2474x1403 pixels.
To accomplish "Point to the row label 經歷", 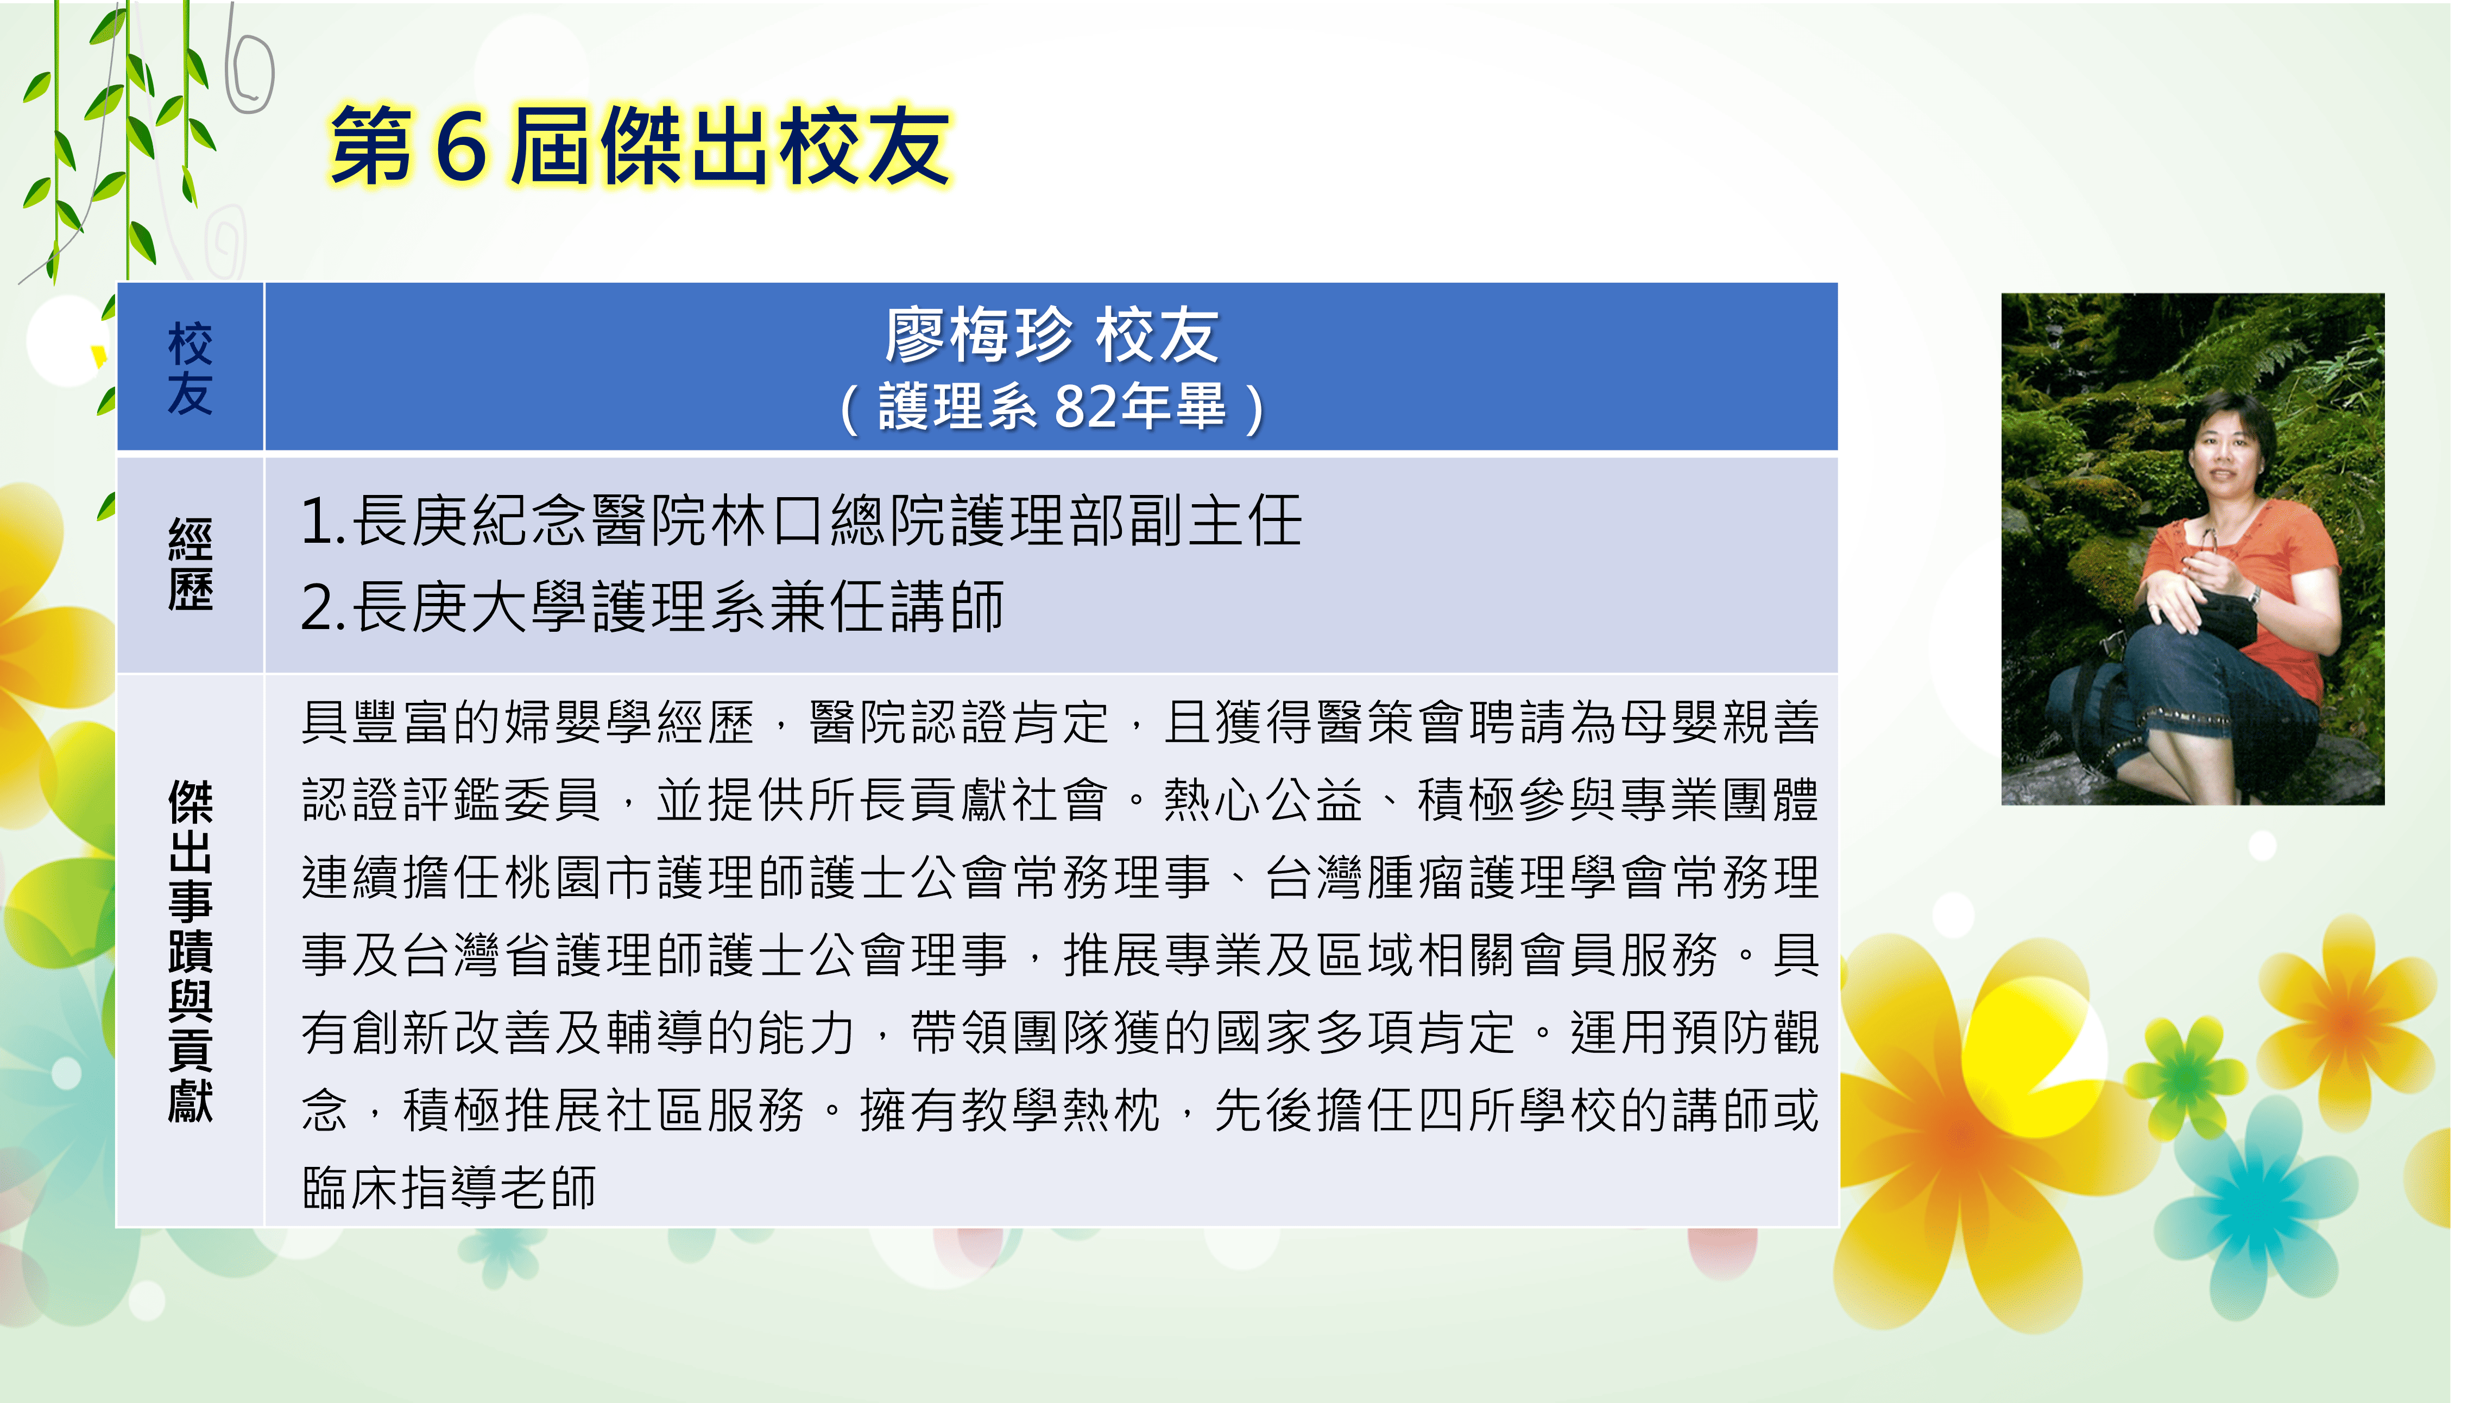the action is [190, 564].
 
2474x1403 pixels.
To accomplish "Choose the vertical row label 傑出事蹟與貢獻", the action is [190, 951].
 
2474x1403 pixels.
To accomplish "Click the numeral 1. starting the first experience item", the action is [323, 521].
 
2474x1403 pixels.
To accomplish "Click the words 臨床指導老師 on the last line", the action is [449, 1187].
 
